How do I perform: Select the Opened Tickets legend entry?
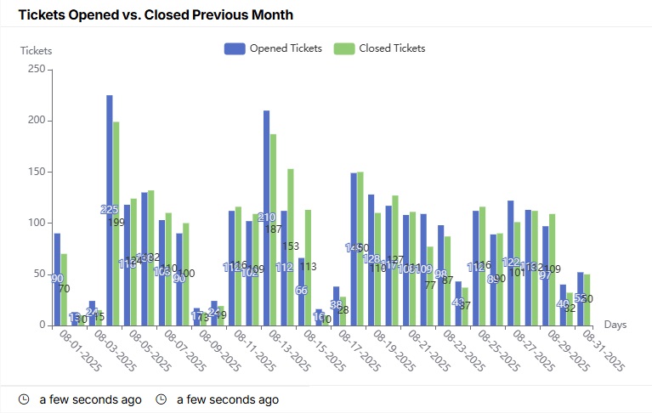(x=273, y=48)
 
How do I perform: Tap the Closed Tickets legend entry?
(x=379, y=48)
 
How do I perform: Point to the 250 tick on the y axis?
(x=35, y=70)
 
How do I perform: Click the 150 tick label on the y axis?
(x=35, y=172)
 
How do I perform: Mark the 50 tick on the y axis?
(x=37, y=274)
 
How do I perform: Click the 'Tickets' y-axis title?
(x=36, y=50)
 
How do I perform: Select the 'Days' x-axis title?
(x=615, y=325)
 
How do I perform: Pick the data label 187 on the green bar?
(x=274, y=229)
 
